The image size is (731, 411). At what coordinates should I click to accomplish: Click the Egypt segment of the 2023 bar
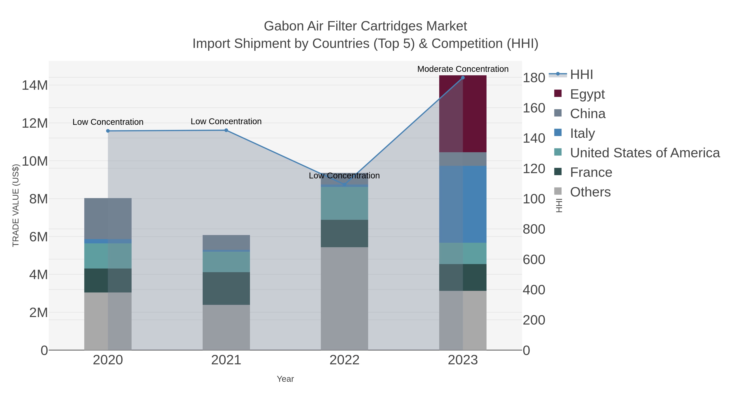pos(463,113)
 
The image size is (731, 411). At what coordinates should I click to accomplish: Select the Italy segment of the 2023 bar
pos(463,204)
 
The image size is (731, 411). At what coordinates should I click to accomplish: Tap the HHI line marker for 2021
pos(226,130)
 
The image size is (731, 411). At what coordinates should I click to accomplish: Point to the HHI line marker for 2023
pos(463,78)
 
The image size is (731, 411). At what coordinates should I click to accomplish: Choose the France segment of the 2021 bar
pos(226,288)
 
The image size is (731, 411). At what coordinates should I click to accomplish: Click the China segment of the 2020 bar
pos(108,218)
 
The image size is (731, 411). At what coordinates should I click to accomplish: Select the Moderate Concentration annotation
pos(463,69)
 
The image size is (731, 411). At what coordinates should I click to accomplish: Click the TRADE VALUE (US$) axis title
pos(16,205)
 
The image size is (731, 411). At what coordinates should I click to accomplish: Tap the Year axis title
pos(285,379)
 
